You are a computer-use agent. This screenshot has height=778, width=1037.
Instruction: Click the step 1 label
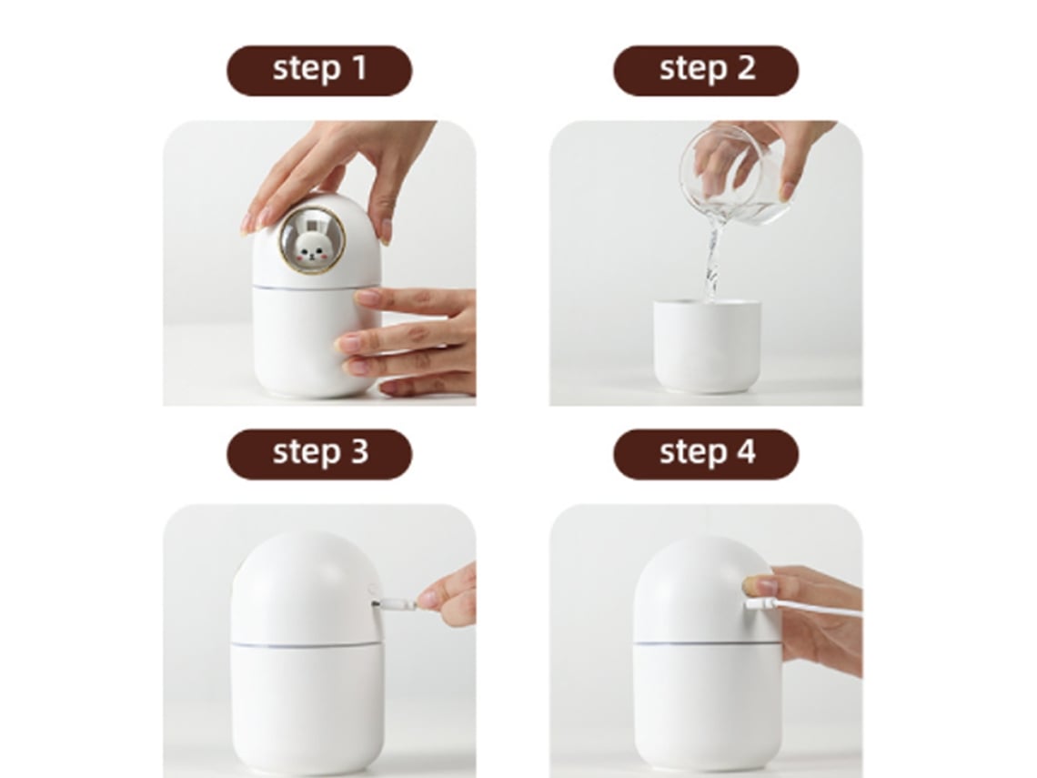tap(319, 70)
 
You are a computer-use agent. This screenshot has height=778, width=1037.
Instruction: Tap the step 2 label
tap(706, 70)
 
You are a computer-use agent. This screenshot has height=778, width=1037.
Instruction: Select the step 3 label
tap(319, 454)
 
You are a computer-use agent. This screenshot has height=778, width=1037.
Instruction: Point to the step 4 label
tap(706, 454)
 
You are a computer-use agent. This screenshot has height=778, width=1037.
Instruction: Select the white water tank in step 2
tap(706, 346)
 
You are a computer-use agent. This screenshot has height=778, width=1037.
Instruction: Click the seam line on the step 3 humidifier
tap(307, 644)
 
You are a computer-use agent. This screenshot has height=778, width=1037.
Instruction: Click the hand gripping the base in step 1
tap(410, 340)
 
